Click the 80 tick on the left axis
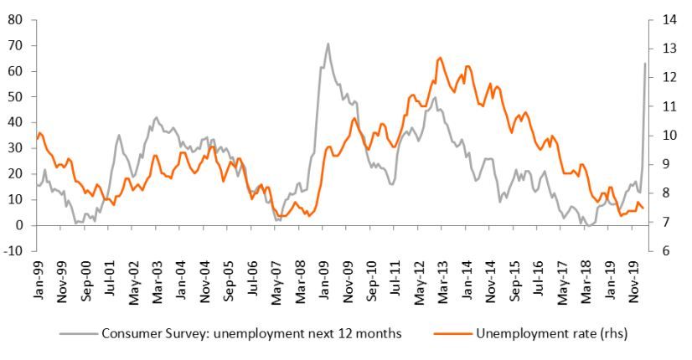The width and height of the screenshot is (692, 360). [x=14, y=19]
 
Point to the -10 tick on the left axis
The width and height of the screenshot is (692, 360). [x=13, y=251]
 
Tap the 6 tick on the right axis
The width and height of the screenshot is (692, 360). [x=663, y=251]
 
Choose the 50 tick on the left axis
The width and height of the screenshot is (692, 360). [x=14, y=96]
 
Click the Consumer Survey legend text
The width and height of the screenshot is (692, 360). [x=251, y=334]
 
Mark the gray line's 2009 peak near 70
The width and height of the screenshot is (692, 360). [x=328, y=44]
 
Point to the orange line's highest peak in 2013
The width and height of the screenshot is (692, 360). [x=441, y=58]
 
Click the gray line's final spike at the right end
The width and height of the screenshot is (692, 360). [x=644, y=64]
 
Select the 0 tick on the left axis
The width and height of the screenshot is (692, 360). [x=18, y=225]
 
